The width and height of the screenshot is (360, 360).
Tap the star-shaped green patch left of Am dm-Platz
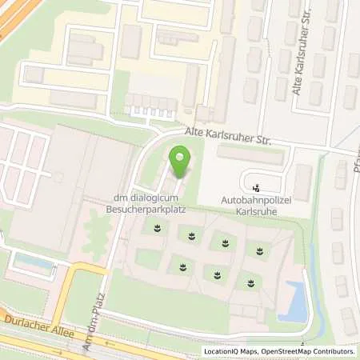(x=97, y=232)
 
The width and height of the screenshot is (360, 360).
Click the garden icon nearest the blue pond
(x=251, y=282)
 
